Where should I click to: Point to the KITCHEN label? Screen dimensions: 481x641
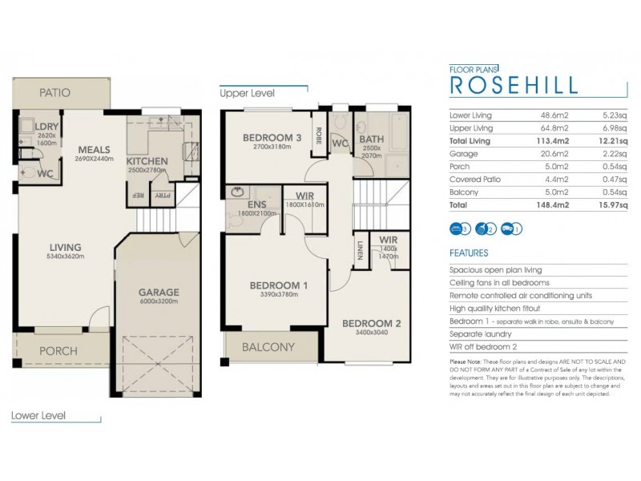[x=147, y=161]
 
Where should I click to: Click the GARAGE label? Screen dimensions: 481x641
[x=158, y=292]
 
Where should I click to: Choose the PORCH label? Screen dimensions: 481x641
[x=58, y=351]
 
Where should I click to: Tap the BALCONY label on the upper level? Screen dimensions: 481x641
[x=268, y=347]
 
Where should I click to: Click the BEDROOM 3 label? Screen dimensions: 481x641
[x=272, y=138]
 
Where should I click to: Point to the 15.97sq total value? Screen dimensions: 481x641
[x=613, y=205]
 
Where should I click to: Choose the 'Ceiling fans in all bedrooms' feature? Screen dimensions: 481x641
[x=499, y=283]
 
